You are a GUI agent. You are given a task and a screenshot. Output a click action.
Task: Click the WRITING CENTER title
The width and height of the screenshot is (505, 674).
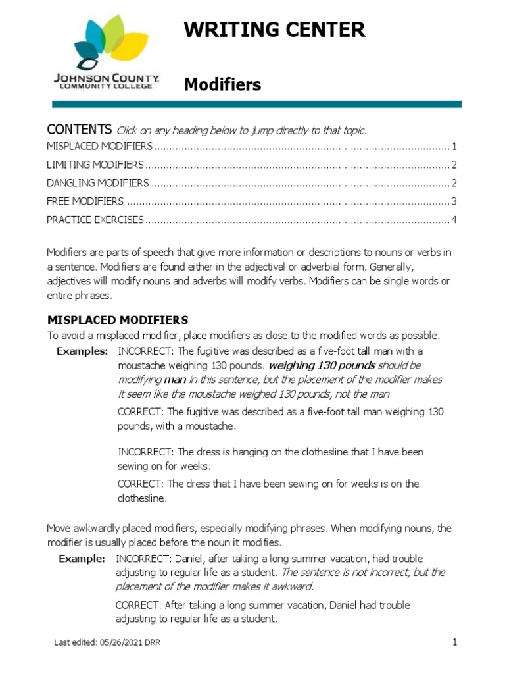pos(274,30)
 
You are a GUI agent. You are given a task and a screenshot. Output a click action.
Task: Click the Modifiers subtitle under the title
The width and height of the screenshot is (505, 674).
pos(222,85)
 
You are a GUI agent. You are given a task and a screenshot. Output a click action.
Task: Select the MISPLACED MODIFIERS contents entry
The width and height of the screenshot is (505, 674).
pos(99,146)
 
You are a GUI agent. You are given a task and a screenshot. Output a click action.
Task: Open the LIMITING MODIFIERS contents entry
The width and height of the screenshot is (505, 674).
pos(95,165)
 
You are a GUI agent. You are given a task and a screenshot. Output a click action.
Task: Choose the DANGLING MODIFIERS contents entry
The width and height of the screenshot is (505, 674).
pos(98,183)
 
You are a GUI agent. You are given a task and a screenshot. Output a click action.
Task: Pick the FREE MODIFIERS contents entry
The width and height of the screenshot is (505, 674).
pos(85,201)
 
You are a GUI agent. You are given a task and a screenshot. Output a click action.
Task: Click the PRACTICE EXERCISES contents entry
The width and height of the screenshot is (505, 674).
pos(95,220)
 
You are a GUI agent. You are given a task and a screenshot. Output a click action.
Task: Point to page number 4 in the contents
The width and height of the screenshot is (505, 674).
pos(454,220)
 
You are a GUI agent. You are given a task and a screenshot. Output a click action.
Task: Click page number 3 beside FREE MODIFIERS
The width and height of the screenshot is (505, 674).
pos(454,201)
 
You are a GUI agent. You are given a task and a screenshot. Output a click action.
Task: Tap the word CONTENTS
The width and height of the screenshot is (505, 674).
pos(79,129)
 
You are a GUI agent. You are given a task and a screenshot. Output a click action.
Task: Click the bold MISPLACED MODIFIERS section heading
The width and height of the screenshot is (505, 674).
pos(118,321)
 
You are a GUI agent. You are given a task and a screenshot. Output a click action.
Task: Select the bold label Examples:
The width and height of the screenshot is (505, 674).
pos(82,351)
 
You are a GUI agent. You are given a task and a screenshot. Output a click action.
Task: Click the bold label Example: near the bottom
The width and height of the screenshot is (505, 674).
pos(82,559)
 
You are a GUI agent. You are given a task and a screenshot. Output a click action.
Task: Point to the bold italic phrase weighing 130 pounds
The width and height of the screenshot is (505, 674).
pos(322,365)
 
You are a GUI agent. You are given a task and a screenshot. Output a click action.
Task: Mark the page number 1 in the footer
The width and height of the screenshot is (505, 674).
pos(454,642)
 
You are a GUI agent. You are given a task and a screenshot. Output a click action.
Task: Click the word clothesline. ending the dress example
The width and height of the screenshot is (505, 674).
pos(142,498)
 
